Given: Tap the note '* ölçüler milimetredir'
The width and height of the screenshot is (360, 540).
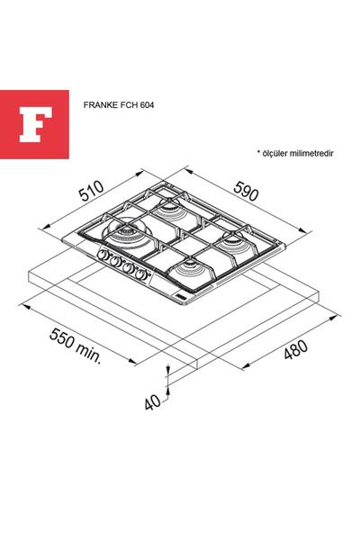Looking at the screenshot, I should click(294, 154).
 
